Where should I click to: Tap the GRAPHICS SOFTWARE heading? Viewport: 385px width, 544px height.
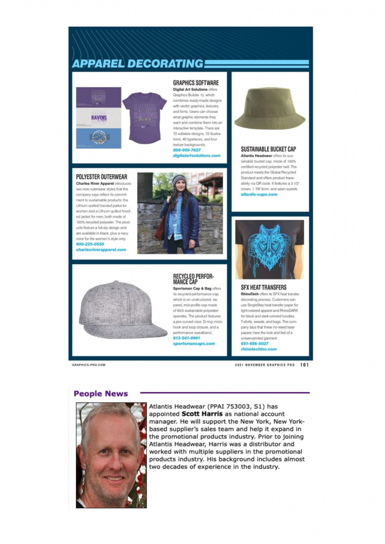coord(196,83)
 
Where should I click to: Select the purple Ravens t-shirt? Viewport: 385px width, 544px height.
coord(144,116)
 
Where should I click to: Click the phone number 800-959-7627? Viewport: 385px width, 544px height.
coord(187,150)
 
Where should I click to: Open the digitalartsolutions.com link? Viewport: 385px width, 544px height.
coord(196,155)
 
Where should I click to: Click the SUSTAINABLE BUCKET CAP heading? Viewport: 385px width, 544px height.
coord(268,149)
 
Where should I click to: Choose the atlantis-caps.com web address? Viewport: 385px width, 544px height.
coord(259,194)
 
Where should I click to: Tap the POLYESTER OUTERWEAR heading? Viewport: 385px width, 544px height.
coord(101,177)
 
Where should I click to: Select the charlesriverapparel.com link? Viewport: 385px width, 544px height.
coord(101,249)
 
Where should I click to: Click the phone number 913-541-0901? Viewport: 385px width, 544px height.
coord(187,338)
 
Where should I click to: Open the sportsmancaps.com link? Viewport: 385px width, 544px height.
coord(194,343)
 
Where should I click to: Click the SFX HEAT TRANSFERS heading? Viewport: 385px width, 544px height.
coord(264,287)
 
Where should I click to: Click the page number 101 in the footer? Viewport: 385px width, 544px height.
coord(304,365)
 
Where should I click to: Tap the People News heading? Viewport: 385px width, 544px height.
coord(101,393)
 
